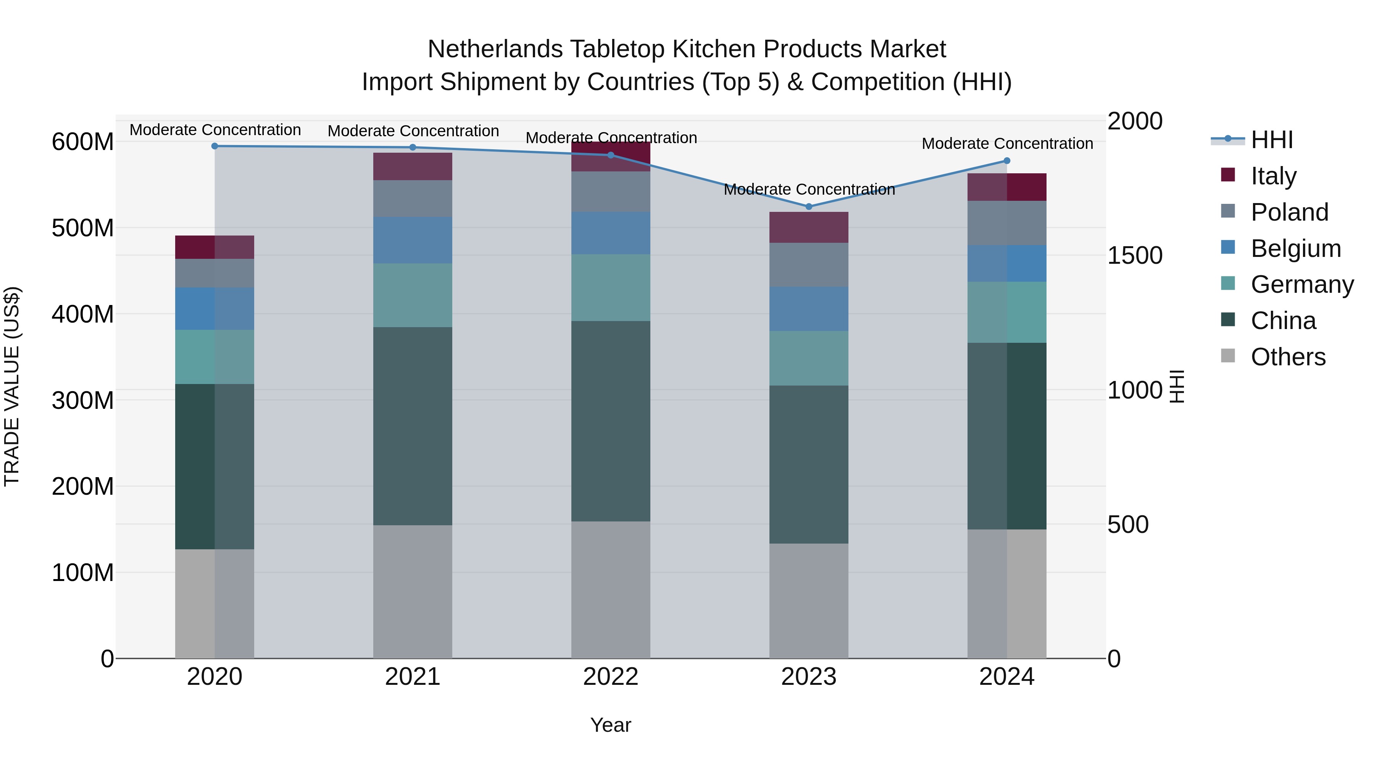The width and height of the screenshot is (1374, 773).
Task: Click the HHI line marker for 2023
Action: click(x=809, y=207)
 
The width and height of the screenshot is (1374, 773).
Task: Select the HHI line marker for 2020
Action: click(x=215, y=146)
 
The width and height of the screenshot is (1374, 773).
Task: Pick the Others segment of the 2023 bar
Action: click(x=809, y=601)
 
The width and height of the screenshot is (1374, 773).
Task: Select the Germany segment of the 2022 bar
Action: click(x=611, y=287)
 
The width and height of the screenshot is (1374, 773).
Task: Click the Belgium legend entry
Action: click(x=1295, y=249)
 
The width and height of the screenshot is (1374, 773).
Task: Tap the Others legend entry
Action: click(x=1288, y=357)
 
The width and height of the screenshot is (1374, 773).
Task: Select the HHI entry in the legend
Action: click(x=1272, y=140)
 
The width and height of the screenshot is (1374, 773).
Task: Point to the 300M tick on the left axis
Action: click(x=83, y=400)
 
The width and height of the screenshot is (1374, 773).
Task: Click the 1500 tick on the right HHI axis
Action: click(x=1135, y=255)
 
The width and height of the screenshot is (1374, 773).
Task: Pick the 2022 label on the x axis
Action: click(x=611, y=677)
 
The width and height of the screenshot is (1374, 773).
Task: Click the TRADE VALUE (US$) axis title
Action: click(x=12, y=386)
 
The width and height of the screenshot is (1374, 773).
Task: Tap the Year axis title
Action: click(x=611, y=725)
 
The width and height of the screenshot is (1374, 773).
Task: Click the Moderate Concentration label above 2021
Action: click(x=413, y=131)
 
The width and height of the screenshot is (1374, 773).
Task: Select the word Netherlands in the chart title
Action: click(x=495, y=49)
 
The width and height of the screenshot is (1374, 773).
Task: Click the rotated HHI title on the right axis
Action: click(x=1176, y=386)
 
